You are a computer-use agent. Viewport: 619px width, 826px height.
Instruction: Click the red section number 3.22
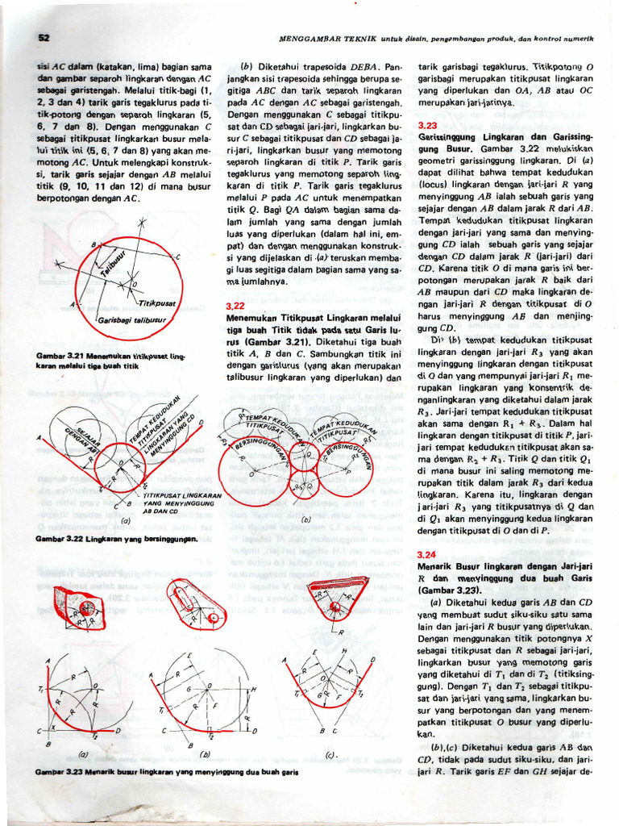(235, 306)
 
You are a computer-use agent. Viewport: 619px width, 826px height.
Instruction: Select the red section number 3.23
(428, 126)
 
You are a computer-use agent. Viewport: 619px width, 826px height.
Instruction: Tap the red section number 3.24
(428, 555)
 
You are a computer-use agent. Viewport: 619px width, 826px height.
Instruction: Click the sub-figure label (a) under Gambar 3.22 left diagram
(125, 521)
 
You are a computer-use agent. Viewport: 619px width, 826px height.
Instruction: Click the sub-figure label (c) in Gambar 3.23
(330, 755)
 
